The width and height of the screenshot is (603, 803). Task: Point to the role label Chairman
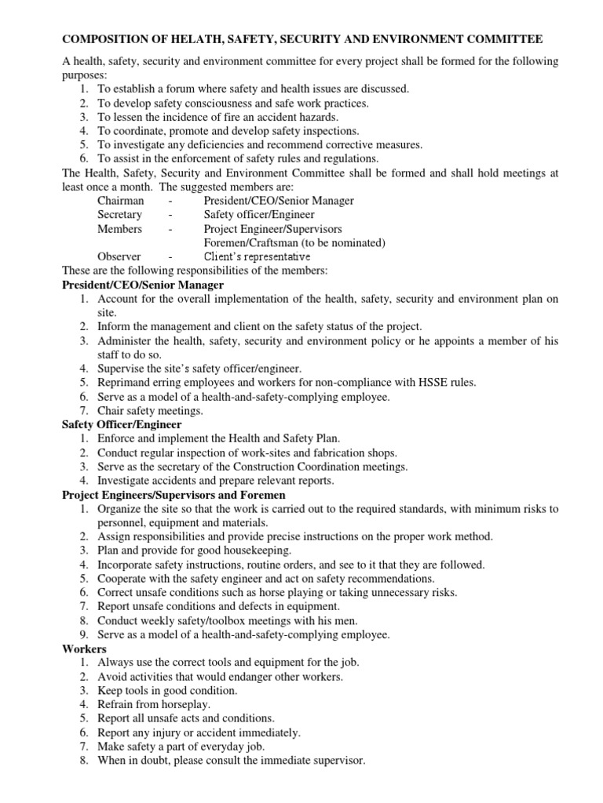click(121, 201)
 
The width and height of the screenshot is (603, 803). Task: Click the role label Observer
click(119, 256)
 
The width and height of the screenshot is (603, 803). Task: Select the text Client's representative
click(257, 256)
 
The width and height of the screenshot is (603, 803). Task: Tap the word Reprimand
click(126, 382)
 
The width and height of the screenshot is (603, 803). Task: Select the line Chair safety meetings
click(151, 410)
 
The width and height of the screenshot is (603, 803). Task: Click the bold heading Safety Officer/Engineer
click(122, 424)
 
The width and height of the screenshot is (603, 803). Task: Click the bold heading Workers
click(85, 649)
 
